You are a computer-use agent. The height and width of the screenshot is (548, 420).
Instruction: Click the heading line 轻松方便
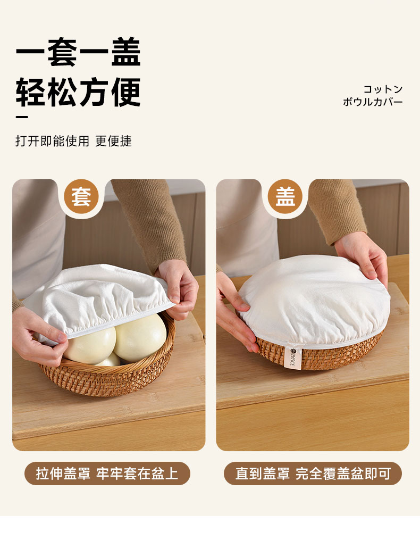pos(78,92)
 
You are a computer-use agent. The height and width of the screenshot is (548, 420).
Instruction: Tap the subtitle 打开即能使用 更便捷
pos(74,141)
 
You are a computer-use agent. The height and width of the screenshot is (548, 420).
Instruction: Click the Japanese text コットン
pos(383,89)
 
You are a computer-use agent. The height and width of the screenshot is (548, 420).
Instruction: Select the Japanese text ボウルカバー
pos(373,102)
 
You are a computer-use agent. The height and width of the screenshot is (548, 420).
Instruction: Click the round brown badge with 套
pos(81,196)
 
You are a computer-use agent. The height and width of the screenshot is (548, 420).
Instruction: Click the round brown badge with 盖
pos(285,196)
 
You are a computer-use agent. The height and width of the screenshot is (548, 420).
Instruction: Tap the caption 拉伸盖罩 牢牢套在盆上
pos(107,474)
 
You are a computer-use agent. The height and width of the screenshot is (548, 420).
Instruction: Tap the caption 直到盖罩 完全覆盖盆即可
pos(313,474)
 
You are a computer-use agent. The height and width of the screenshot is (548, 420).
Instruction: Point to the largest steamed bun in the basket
pos(141,338)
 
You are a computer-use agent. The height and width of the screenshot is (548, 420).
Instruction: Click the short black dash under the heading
pos(22,117)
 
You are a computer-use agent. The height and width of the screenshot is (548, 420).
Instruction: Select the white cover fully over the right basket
pos(314,301)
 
